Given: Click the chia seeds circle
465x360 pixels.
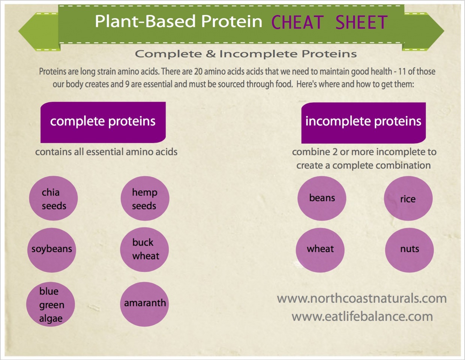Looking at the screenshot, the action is [53, 198].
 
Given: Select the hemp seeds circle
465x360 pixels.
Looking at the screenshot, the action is [145, 198].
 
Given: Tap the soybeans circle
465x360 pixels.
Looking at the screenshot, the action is [52, 250].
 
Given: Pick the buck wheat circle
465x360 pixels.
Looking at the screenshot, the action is [144, 250].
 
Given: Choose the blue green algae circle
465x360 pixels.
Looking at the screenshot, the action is [51, 304].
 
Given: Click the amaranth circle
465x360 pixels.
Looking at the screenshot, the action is [144, 304].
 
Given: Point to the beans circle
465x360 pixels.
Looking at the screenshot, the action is [322, 198].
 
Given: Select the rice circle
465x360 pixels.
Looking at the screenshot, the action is [408, 198].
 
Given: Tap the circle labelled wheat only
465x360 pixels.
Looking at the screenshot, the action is [320, 250].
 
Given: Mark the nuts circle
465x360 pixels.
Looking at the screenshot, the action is [409, 250].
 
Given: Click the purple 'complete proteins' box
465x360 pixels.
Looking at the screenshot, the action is [103, 122].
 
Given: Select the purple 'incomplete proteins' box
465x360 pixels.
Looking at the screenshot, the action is [363, 123].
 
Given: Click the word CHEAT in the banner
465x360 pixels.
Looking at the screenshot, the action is [297, 22].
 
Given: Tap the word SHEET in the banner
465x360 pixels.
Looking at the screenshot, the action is [361, 22].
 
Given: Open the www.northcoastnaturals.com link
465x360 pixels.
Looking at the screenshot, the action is [361, 298].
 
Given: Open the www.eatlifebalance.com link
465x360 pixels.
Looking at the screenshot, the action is [362, 316].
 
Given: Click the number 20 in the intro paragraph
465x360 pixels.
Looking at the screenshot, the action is [198, 72].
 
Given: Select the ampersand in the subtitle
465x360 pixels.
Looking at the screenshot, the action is [211, 54].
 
